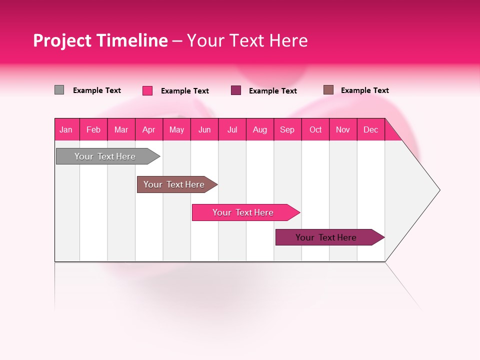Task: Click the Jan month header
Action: (x=66, y=129)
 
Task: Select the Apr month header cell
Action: (x=149, y=129)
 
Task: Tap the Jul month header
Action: (x=232, y=129)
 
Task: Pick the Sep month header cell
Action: (x=287, y=129)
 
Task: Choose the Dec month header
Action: (x=371, y=129)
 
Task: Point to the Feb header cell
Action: (x=93, y=129)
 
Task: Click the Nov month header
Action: (x=343, y=129)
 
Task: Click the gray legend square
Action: (x=59, y=90)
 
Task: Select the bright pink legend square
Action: (x=147, y=90)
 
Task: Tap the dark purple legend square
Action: (x=236, y=90)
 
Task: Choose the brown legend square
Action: (x=328, y=90)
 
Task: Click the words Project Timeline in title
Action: (x=100, y=40)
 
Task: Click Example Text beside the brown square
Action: (x=365, y=90)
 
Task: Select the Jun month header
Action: (x=204, y=129)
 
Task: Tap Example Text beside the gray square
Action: (x=97, y=90)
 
